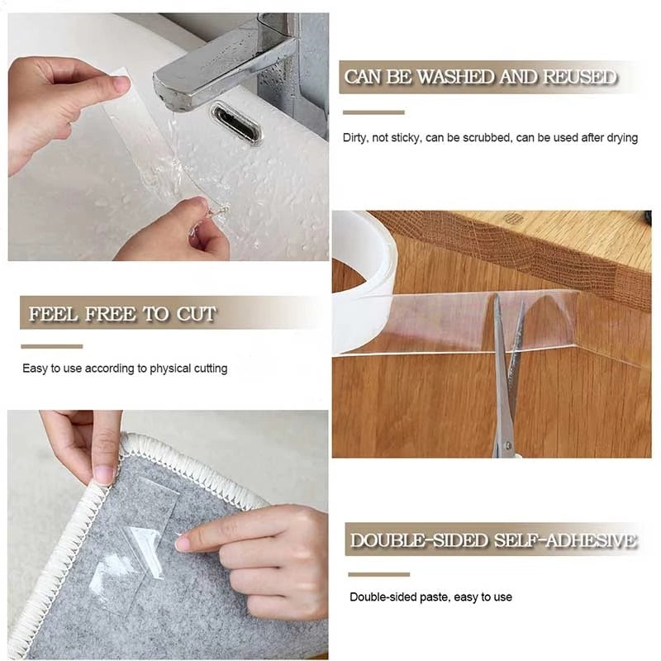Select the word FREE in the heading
pyautogui.click(x=117, y=314)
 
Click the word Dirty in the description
pyautogui.click(x=355, y=138)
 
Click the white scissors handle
pyautogui.click(x=504, y=446)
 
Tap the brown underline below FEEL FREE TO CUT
pyautogui.click(x=52, y=346)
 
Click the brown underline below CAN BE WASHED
pyautogui.click(x=373, y=112)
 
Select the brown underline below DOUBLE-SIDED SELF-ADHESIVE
pyautogui.click(x=378, y=574)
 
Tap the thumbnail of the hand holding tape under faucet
pyautogui.click(x=121, y=83)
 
